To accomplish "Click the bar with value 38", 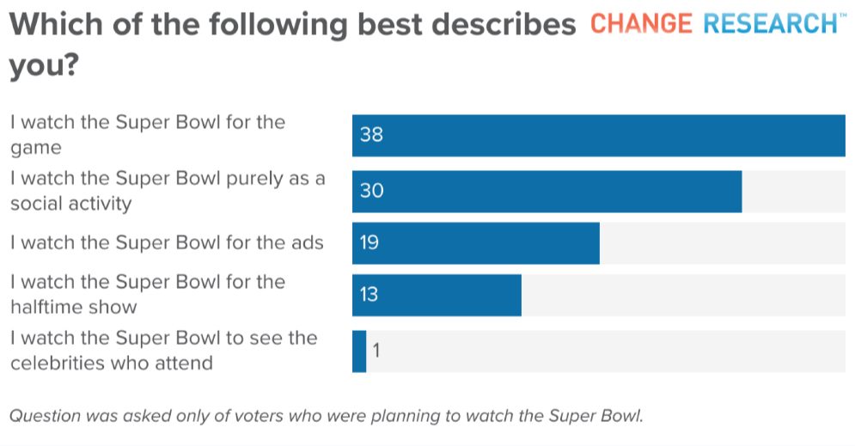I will tap(599, 136).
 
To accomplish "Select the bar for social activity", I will tap(547, 192).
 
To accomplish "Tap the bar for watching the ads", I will tap(476, 243).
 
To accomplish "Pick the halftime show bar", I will tap(437, 295).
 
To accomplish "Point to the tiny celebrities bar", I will tap(359, 351).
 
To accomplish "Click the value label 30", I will tap(371, 191).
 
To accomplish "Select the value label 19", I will tap(369, 243).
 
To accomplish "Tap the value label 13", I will tap(369, 295).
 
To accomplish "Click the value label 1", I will tap(376, 351).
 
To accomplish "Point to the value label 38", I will tap(371, 135).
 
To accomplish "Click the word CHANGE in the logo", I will tap(642, 23).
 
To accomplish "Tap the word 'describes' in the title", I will tap(504, 24).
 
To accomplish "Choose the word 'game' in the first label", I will tap(36, 149).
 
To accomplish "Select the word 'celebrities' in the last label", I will tap(59, 363).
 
